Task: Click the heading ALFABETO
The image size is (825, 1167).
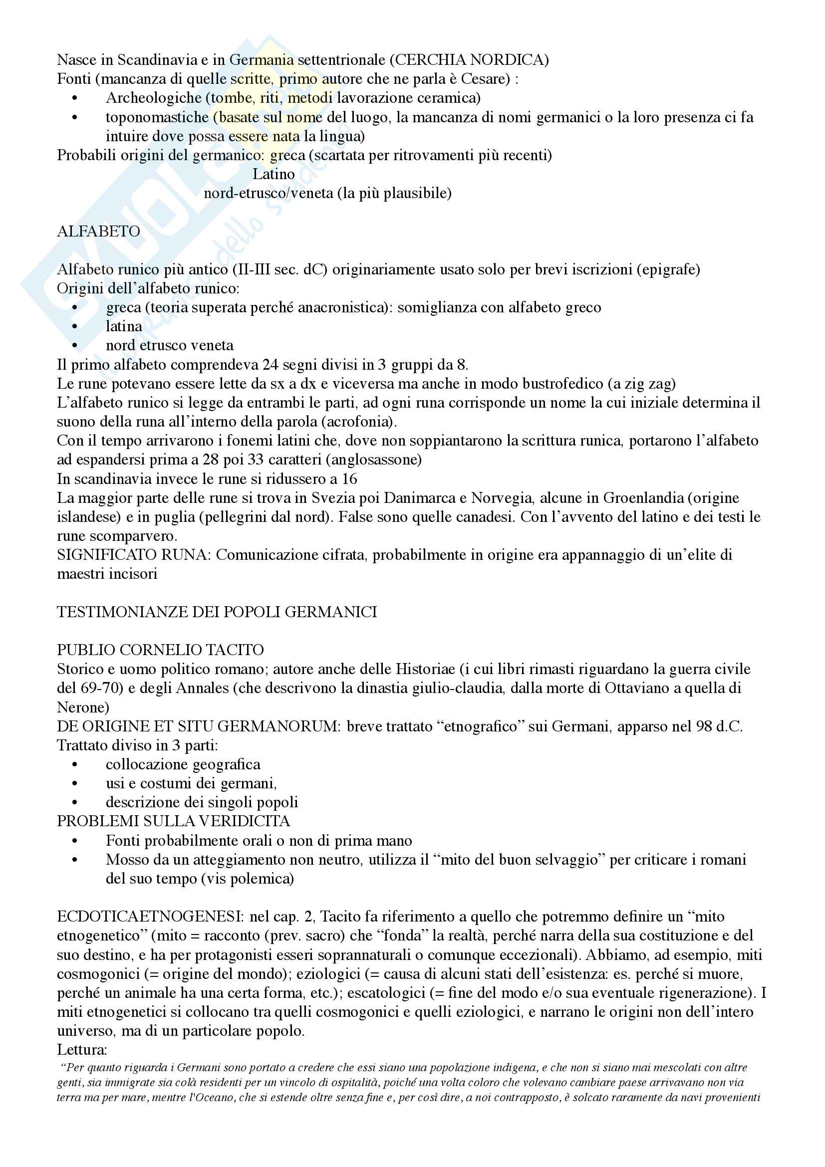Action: [98, 232]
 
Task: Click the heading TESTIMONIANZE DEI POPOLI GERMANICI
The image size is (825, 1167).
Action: [217, 612]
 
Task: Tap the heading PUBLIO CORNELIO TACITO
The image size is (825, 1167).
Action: [160, 650]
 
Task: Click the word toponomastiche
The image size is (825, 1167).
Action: [157, 117]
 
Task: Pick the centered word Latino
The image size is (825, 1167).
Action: [274, 174]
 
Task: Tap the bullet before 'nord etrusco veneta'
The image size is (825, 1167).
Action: [75, 346]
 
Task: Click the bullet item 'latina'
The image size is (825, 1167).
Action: [123, 326]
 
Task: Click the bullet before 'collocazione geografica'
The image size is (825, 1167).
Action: [75, 765]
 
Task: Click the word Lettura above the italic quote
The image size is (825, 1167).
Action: [82, 1050]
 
